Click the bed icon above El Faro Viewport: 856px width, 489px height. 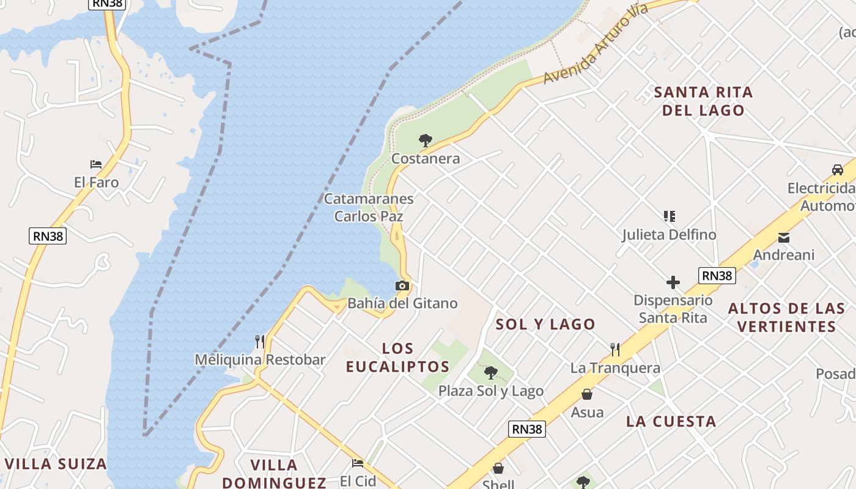click(96, 164)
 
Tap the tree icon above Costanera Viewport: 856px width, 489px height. click(426, 141)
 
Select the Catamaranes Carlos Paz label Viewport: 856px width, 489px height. click(369, 207)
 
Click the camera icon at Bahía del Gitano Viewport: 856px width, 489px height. click(402, 285)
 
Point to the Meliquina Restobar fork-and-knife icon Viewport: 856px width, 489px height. click(260, 342)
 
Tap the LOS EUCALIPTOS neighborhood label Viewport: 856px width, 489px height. click(397, 358)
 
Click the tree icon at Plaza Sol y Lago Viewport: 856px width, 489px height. click(490, 373)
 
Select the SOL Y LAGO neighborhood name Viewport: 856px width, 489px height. click(545, 325)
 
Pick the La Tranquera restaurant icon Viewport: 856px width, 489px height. click(615, 350)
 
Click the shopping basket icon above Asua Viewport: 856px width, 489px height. click(587, 394)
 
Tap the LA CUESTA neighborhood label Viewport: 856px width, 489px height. click(671, 422)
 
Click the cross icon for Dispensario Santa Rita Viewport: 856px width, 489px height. click(673, 282)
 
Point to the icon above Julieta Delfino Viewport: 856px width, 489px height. click(670, 216)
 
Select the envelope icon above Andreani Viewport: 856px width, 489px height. click(784, 237)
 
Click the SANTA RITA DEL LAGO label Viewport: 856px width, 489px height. click(703, 101)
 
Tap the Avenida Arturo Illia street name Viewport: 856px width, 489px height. click(595, 44)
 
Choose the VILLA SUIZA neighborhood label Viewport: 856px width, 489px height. click(56, 464)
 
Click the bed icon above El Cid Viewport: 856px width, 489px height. click(358, 463)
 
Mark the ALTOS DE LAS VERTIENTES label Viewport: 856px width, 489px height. click(786, 317)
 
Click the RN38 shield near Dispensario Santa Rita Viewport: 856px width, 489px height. click(717, 276)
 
